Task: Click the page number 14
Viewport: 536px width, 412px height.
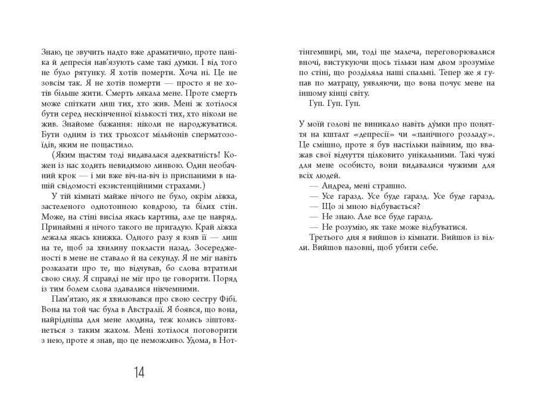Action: (139, 373)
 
